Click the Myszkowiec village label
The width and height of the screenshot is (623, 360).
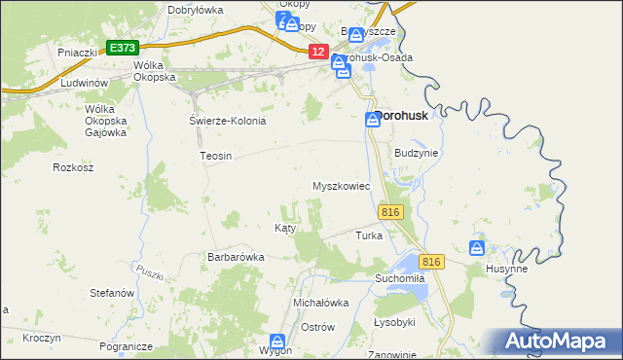coord(341,185)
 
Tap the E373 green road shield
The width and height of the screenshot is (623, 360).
coord(123,47)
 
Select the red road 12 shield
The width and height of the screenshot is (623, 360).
coord(318,52)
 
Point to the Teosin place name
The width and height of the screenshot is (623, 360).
coord(215,156)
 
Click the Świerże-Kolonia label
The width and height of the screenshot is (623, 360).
coord(227,121)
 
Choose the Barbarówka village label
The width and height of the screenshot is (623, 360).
coord(236,257)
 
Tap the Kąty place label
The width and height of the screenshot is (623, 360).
coord(284,227)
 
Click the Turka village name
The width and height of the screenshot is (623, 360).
coord(369,235)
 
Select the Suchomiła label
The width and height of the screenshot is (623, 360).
coord(401,277)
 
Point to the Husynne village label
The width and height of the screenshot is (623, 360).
coord(506,268)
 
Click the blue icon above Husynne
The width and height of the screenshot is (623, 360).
coord(477,248)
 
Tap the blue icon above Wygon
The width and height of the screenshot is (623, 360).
coord(278,342)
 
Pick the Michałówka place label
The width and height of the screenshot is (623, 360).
coord(321,303)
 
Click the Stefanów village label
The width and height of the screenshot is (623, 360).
coord(111,292)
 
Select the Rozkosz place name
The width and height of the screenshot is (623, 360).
coord(73,167)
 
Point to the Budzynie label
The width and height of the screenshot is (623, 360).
coord(418,153)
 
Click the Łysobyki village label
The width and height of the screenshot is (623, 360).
coord(394,322)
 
